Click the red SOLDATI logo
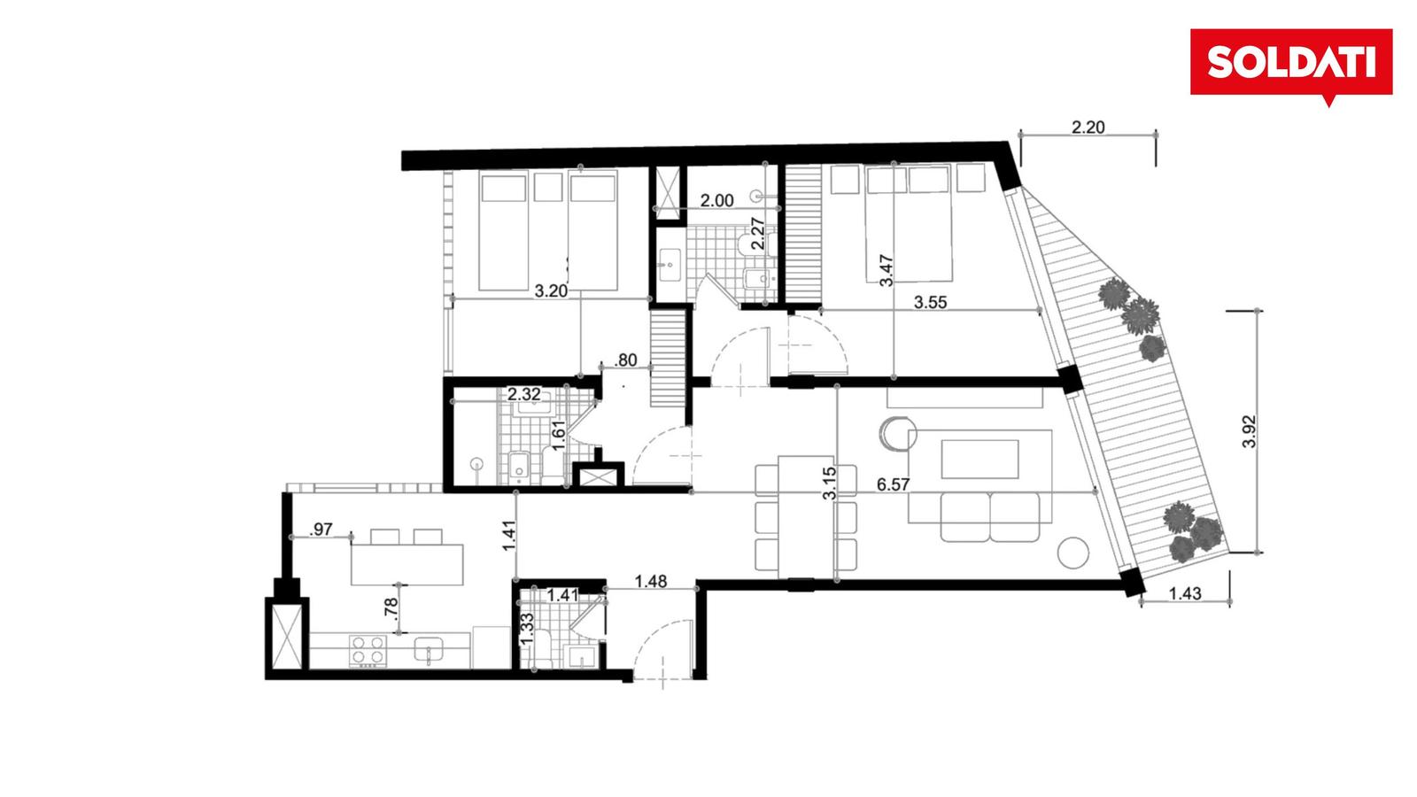coord(1290,63)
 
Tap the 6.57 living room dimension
coord(894,485)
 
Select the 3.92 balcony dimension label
coord(1249,432)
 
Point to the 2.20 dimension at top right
coord(1088,128)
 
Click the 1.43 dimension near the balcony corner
coord(1185,593)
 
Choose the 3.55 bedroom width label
coord(931,302)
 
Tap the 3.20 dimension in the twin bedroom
coord(551,291)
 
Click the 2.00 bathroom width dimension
coord(716,201)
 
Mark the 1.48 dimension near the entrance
coord(651,581)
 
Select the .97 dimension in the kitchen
coord(321,530)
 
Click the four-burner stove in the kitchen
coord(368,650)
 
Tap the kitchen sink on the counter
coord(430,650)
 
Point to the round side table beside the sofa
coord(1073,553)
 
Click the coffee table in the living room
coord(980,460)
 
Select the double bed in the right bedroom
coord(909,223)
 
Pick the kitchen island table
coord(407,563)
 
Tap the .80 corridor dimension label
coord(625,360)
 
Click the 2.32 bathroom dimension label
coord(524,395)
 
